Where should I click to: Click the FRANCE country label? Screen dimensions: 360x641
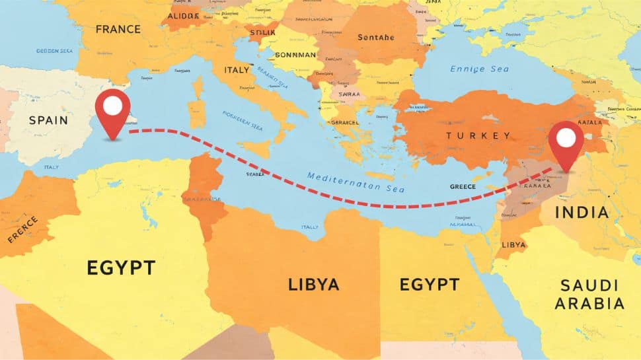click(x=118, y=29)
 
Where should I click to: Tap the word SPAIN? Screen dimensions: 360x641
click(x=48, y=120)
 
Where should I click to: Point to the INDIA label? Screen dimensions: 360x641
click(x=582, y=213)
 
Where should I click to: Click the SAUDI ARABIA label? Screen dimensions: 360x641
click(x=589, y=295)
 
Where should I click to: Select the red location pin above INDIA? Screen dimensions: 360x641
click(x=566, y=142)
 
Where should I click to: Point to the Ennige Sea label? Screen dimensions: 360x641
click(x=480, y=68)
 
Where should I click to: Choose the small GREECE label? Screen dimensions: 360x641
click(x=463, y=187)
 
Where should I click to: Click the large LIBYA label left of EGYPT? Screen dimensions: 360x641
click(x=313, y=285)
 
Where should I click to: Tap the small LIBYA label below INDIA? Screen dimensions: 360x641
click(x=514, y=244)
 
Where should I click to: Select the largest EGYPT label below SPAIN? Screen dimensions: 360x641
click(x=121, y=268)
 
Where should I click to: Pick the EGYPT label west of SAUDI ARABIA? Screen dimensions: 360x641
click(x=429, y=285)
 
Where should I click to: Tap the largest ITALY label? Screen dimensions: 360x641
click(x=237, y=69)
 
